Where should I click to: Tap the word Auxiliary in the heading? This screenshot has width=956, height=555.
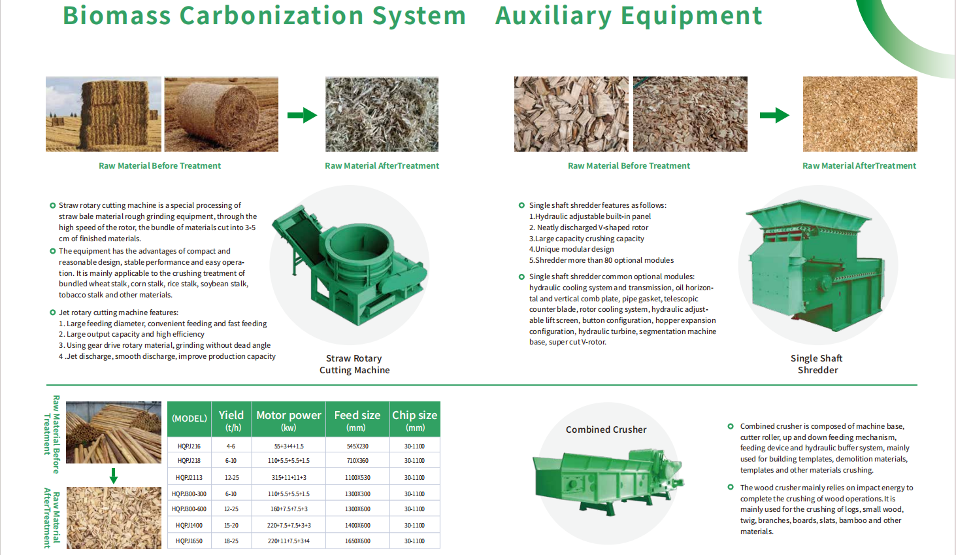tap(553, 16)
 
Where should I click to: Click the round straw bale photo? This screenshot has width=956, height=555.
tap(221, 114)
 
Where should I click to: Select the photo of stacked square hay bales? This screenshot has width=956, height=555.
tap(103, 114)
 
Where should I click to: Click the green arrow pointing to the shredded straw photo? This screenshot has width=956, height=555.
tap(302, 116)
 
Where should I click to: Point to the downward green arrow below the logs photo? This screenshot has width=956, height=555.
tap(114, 475)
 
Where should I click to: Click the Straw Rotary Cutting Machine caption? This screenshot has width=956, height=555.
tap(354, 364)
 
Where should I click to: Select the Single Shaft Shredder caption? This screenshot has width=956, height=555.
tap(817, 364)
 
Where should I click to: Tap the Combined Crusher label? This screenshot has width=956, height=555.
tap(606, 429)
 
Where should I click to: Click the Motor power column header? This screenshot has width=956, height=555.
tap(288, 420)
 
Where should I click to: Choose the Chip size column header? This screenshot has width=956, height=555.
tap(414, 420)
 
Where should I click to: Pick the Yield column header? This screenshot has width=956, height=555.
tap(231, 420)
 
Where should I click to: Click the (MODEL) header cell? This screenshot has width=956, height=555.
tap(190, 418)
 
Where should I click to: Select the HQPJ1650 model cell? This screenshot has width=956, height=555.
tap(189, 541)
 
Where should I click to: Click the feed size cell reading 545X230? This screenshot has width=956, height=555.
tap(357, 446)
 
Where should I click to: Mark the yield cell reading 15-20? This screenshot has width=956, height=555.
tap(231, 526)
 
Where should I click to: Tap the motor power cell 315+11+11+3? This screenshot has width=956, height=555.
tap(288, 478)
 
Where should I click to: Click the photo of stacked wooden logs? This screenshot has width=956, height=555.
tap(114, 432)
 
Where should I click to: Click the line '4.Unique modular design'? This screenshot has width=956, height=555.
tap(572, 249)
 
